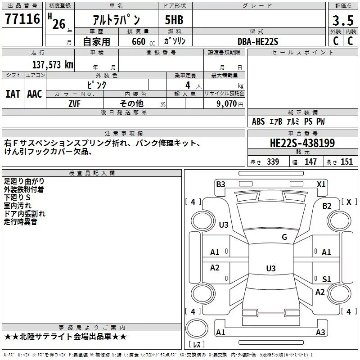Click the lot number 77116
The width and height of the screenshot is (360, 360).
click(22, 18)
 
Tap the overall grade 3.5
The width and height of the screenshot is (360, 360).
click(343, 20)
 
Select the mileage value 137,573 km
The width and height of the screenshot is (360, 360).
click(53, 64)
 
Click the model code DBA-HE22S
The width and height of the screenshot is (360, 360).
click(258, 41)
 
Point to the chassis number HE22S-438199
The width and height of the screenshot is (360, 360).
click(302, 143)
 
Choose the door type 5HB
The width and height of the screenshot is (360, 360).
click(174, 20)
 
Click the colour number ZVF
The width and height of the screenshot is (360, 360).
click(74, 104)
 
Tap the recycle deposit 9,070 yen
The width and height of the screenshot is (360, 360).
click(230, 104)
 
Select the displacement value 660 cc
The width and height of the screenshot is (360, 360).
click(143, 41)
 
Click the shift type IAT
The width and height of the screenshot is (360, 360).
click(13, 94)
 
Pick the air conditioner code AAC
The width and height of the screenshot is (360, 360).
click(35, 94)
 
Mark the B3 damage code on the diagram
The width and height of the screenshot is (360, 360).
click(220, 184)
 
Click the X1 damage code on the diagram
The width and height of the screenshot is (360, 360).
click(321, 184)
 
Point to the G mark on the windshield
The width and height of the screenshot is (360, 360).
click(284, 237)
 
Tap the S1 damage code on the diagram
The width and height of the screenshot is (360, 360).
click(327, 279)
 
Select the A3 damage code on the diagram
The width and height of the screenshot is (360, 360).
click(320, 332)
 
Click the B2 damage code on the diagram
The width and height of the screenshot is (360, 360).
click(327, 206)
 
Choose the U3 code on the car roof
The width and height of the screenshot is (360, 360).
click(271, 268)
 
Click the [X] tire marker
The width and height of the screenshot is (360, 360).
click(349, 202)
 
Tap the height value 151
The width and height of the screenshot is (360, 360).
click(346, 162)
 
